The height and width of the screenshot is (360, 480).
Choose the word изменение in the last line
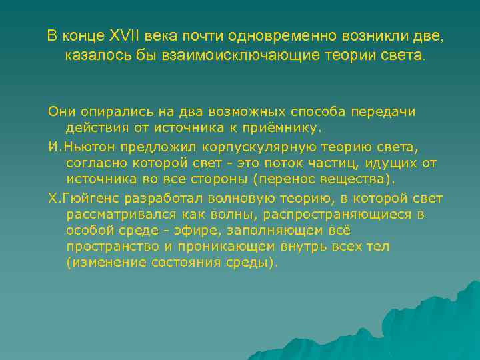[x=101, y=263]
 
